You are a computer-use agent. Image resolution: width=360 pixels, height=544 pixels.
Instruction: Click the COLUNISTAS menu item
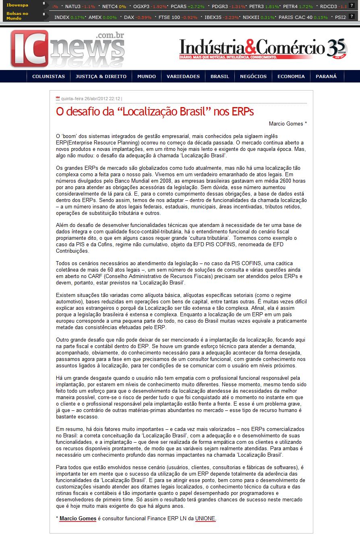(x=48, y=76)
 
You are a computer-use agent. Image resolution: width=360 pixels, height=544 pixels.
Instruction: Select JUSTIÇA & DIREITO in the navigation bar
(x=101, y=76)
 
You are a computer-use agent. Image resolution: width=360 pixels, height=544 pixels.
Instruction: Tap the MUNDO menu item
(x=147, y=76)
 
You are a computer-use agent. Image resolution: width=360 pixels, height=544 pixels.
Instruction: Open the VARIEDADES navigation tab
(x=183, y=76)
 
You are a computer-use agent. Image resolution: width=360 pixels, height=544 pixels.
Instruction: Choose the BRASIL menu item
(x=220, y=76)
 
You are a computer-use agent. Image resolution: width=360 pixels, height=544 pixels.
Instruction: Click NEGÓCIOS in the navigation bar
(x=253, y=76)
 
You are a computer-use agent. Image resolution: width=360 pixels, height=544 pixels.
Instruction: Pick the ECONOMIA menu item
(x=291, y=76)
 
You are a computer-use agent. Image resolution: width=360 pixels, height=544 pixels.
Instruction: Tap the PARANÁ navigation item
(x=326, y=76)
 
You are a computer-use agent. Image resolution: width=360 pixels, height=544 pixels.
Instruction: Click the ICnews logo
(x=67, y=49)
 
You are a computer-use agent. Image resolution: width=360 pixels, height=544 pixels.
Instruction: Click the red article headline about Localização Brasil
(x=155, y=111)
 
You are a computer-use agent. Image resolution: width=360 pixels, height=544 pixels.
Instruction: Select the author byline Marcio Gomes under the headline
(x=288, y=124)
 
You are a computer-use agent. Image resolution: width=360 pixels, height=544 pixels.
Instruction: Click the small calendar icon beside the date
(x=58, y=98)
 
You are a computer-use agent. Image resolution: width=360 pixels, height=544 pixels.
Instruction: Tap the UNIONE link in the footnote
(x=205, y=519)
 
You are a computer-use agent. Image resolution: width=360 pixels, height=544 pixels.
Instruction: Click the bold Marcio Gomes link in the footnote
(x=78, y=519)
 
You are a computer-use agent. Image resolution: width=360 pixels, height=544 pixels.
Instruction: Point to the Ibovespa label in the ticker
(x=17, y=5)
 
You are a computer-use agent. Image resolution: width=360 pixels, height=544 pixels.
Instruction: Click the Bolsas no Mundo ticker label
(x=17, y=16)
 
